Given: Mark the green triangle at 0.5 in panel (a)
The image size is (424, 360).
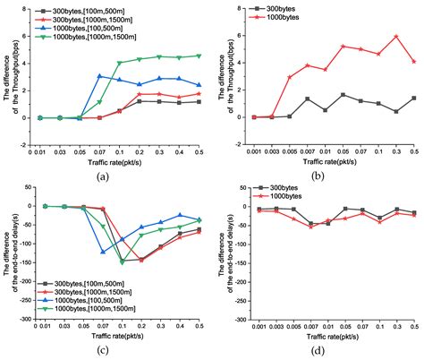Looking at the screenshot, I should coord(199,56).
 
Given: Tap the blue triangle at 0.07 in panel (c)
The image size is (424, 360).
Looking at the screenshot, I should coord(103,253).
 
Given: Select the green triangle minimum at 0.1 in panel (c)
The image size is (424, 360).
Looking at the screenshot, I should coord(122,261).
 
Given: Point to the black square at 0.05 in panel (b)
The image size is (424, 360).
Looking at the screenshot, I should coord(343,95).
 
